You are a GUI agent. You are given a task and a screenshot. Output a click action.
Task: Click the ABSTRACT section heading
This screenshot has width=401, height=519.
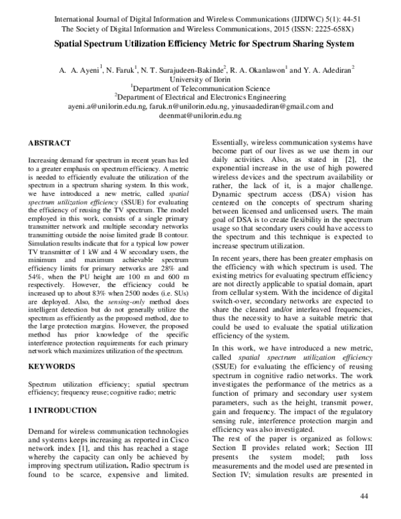[x=49, y=143]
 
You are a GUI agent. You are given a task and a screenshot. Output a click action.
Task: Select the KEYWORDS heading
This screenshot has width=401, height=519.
[x=52, y=367]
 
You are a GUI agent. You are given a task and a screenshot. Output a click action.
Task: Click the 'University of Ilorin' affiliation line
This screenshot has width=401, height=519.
[x=200, y=78]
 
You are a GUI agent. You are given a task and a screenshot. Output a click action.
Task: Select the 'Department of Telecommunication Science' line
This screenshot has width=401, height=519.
[x=200, y=87]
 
